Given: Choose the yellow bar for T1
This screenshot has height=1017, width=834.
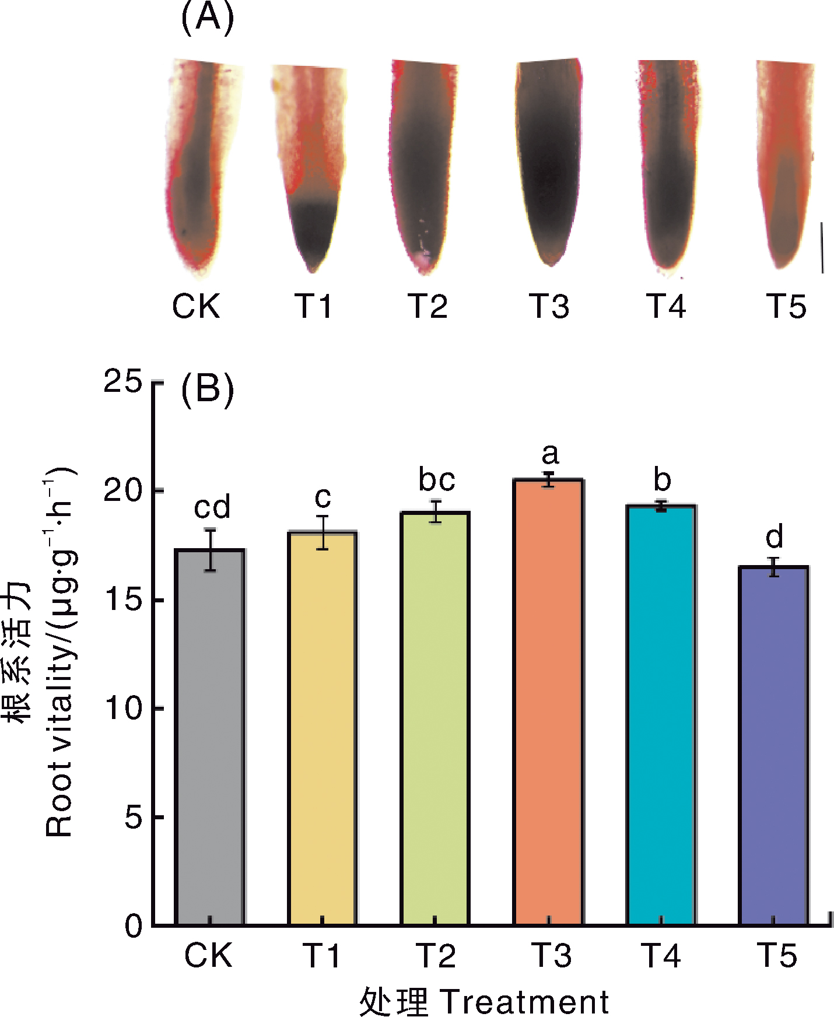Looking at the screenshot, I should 323,728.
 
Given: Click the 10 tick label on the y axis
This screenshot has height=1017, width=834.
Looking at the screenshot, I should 123,709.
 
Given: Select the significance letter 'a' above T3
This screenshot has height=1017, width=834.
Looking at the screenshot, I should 550,454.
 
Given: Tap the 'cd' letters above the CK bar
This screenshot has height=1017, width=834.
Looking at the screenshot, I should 212,507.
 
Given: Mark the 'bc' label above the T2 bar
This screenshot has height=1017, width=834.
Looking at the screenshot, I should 437,480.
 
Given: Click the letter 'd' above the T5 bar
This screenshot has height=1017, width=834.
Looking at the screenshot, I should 774,536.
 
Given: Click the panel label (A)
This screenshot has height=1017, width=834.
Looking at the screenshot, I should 208,17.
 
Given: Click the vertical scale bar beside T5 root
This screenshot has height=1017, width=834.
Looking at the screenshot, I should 822,247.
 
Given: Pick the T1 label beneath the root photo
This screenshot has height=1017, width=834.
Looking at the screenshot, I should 314,306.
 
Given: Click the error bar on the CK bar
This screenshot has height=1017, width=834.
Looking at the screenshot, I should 210,550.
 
